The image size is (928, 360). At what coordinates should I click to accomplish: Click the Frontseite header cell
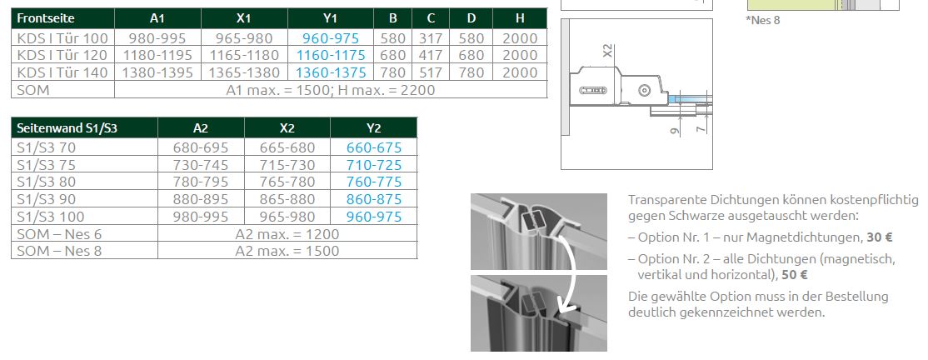pyautogui.click(x=62, y=18)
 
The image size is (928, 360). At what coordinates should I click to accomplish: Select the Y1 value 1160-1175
pyautogui.click(x=331, y=56)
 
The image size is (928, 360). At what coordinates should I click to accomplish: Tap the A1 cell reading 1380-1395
pyautogui.click(x=157, y=72)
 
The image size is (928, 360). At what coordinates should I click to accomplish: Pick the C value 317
pyautogui.click(x=431, y=38)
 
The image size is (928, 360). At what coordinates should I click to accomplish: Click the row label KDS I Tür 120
pyautogui.click(x=62, y=56)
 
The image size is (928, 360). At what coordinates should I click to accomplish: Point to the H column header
pyautogui.click(x=520, y=18)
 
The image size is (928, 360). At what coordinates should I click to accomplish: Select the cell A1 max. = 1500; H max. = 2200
pyautogui.click(x=331, y=90)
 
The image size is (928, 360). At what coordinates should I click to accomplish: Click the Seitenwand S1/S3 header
pyautogui.click(x=85, y=127)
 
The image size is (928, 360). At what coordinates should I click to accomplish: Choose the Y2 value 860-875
pyautogui.click(x=374, y=199)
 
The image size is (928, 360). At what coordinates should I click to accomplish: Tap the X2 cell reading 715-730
pyautogui.click(x=287, y=165)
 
